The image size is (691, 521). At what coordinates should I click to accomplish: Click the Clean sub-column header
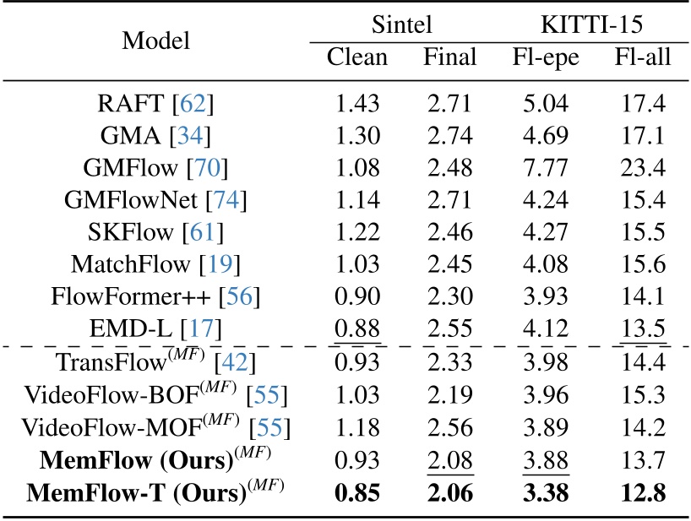(357, 58)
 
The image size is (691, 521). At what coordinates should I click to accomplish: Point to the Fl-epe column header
(546, 58)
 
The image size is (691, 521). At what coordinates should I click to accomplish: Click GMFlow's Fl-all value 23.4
(642, 167)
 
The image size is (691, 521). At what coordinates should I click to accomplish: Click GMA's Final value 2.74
(450, 136)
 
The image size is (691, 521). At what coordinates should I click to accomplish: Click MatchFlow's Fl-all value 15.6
(642, 262)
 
